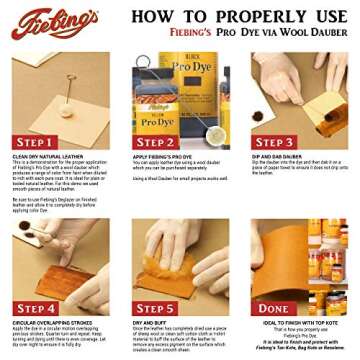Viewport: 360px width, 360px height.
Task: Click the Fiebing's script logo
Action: pyautogui.click(x=54, y=22)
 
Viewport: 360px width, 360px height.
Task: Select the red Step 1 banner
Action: pyautogui.click(x=35, y=141)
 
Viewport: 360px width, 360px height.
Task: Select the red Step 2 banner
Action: pyautogui.click(x=155, y=141)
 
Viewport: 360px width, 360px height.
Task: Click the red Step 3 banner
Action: pyautogui.click(x=275, y=141)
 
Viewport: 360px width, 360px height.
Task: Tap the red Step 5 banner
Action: pyautogui.click(x=155, y=308)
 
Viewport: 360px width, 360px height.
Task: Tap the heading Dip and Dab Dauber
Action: pyautogui.click(x=280, y=156)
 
